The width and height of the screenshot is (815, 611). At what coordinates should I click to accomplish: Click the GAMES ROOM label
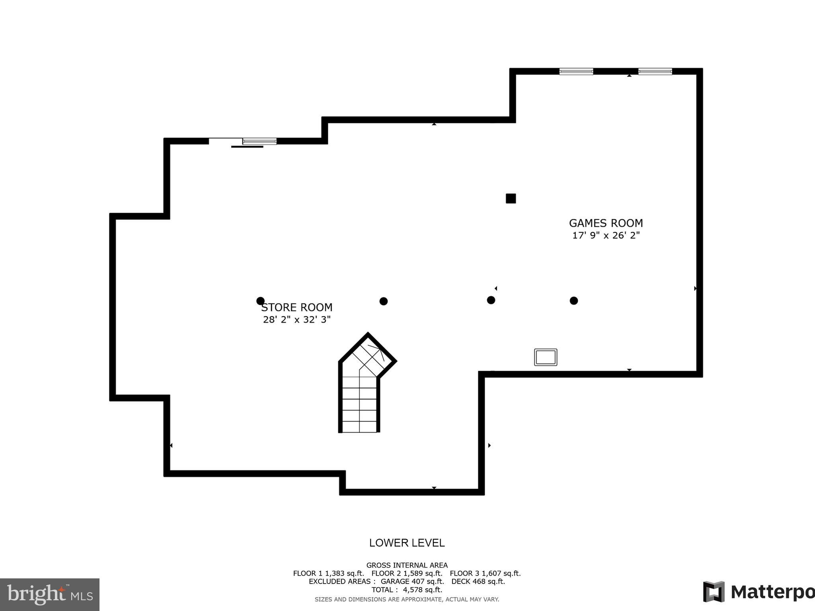[606, 223]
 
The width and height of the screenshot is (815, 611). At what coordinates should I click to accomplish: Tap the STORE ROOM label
[297, 307]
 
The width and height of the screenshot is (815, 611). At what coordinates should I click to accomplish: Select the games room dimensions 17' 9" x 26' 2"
[606, 235]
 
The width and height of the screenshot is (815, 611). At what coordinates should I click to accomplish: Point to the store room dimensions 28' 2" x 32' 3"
[297, 319]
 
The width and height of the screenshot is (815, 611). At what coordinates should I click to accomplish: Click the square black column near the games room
[511, 198]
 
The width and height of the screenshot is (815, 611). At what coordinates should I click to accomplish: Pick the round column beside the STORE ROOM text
[261, 301]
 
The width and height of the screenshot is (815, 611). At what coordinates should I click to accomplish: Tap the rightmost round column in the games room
[573, 301]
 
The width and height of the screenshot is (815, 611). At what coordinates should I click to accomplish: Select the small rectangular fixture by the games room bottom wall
[546, 357]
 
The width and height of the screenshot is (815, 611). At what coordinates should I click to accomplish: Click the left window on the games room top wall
[576, 72]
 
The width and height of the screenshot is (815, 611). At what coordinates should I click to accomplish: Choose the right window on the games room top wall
[655, 72]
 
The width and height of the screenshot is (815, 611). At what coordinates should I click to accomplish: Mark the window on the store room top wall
[259, 141]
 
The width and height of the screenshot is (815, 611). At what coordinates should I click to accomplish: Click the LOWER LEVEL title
[407, 543]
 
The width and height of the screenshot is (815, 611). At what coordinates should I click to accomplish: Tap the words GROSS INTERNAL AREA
[407, 565]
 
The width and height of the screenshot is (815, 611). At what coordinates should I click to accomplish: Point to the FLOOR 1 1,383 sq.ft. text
[328, 573]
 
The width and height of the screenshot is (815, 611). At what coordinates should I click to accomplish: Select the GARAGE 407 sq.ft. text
[412, 581]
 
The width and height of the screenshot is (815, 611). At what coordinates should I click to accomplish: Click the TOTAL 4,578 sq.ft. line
[407, 590]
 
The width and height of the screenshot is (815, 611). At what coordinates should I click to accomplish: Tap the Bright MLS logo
[50, 595]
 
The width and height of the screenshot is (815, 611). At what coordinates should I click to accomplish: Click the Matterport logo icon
[714, 592]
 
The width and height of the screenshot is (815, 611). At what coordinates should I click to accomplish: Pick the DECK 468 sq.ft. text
[478, 581]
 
